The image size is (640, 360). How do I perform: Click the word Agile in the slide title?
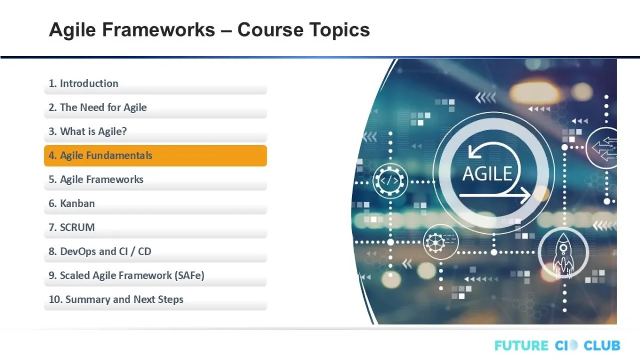pyautogui.click(x=73, y=30)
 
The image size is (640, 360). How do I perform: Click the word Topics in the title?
pyautogui.click(x=340, y=30)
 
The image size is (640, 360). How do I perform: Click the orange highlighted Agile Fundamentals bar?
pyautogui.click(x=155, y=156)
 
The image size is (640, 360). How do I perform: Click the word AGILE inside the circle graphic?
pyautogui.click(x=487, y=174)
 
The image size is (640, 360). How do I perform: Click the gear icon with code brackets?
pyautogui.click(x=390, y=181)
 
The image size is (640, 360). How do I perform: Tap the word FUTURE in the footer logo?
pyautogui.click(x=522, y=346)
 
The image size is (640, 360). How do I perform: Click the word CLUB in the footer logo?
pyautogui.click(x=602, y=346)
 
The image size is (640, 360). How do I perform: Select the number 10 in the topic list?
pyautogui.click(x=54, y=299)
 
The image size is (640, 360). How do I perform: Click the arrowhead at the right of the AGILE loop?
pyautogui.click(x=526, y=196)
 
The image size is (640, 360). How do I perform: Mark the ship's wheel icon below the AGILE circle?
pyautogui.click(x=435, y=243)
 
